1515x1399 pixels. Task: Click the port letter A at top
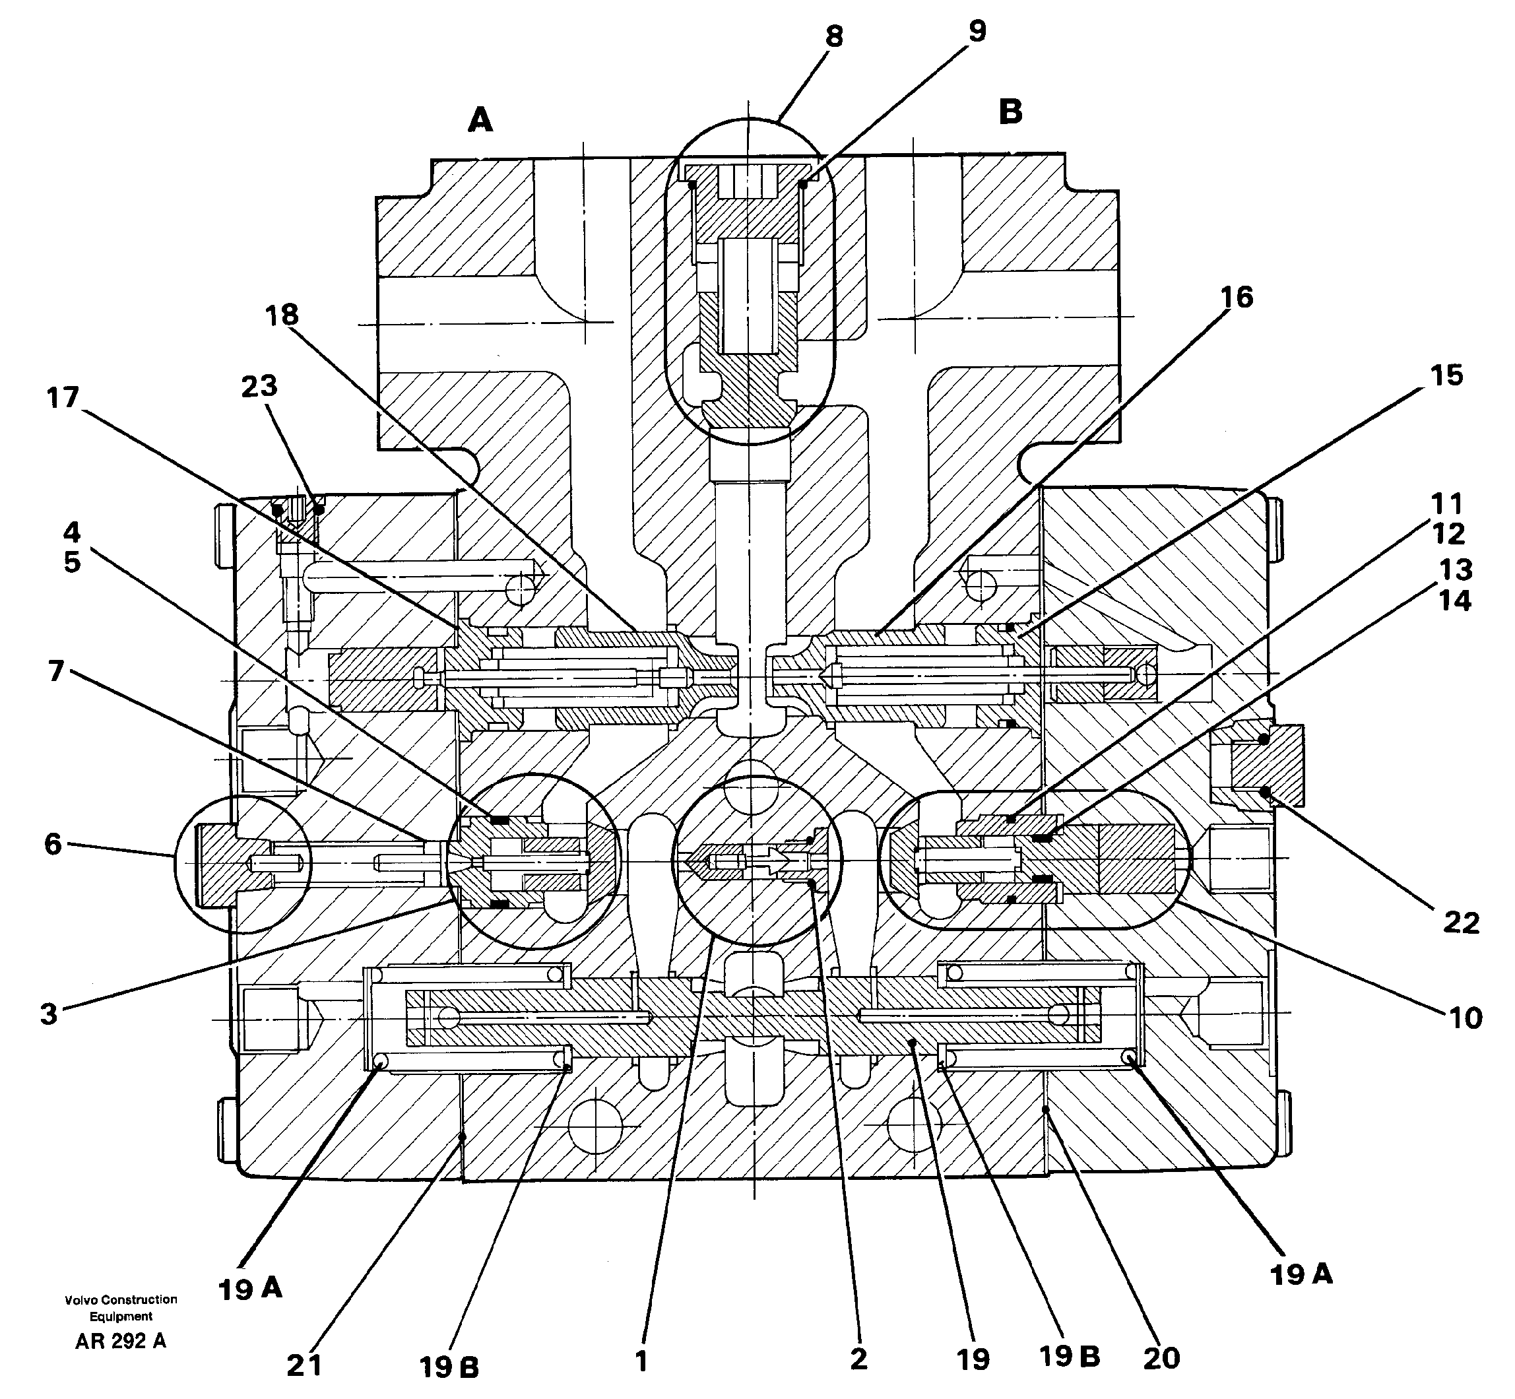(x=480, y=120)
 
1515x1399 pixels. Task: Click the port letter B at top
(x=1010, y=112)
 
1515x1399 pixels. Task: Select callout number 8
(x=833, y=36)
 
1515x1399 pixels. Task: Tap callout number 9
(x=977, y=31)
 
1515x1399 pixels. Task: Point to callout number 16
(x=1237, y=298)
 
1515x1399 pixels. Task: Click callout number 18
(x=282, y=315)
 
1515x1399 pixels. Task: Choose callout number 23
(x=259, y=386)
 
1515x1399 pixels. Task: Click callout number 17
(x=63, y=397)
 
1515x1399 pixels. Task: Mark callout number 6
(x=52, y=843)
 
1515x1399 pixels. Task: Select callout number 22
(x=1460, y=923)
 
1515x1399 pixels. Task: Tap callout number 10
(x=1465, y=1018)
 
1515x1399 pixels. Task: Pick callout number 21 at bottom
(x=304, y=1365)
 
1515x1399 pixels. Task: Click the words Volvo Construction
(x=121, y=1299)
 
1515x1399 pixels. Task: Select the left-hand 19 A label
(x=250, y=1289)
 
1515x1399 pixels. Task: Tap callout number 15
(x=1447, y=375)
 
